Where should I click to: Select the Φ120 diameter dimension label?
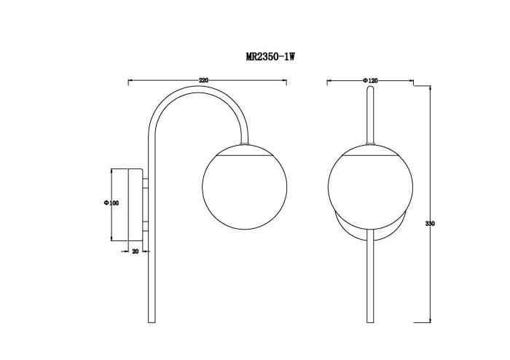[369, 80]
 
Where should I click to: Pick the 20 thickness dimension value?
[136, 251]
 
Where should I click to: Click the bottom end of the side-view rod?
[151, 321]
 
